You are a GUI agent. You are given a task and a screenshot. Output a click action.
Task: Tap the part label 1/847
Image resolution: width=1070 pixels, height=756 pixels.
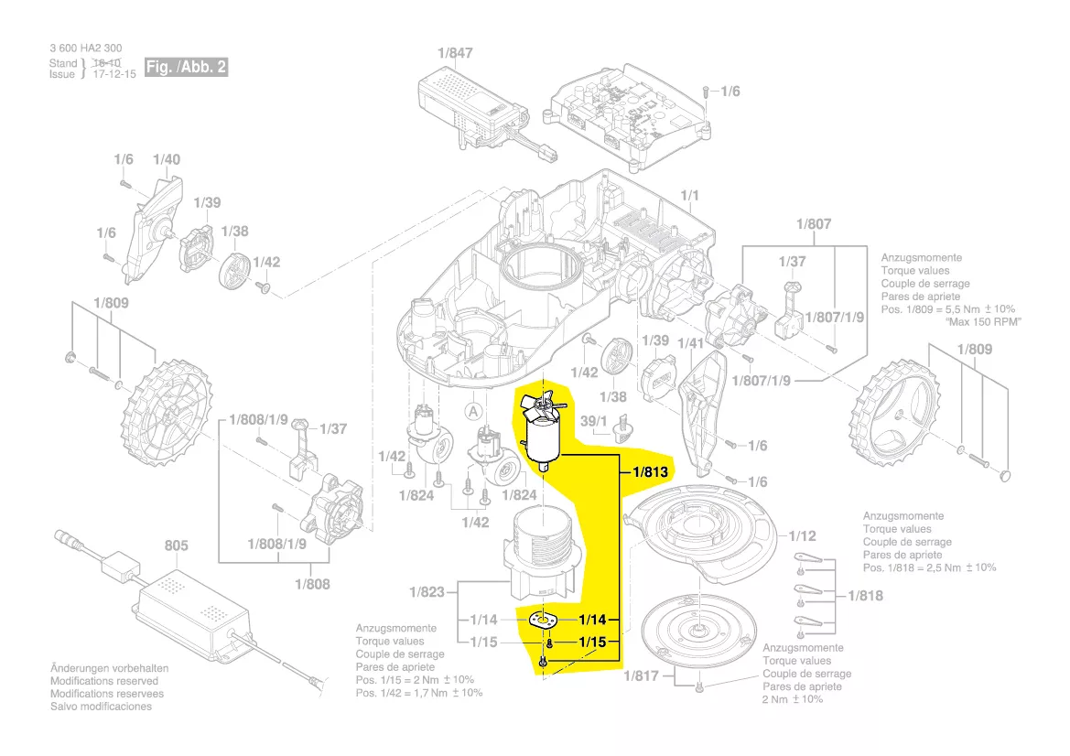[x=455, y=53]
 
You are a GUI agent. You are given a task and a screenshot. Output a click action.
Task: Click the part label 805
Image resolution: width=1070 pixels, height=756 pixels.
[x=176, y=545]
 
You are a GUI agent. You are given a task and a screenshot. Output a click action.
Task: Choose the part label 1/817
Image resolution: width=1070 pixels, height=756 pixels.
[x=641, y=676]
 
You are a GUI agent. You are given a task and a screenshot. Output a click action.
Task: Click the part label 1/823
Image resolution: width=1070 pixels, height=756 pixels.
[x=427, y=592]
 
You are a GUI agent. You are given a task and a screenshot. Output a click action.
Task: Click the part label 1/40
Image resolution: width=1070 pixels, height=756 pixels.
[x=167, y=159]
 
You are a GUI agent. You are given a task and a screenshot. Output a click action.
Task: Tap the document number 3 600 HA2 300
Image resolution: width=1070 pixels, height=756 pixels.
[x=85, y=49]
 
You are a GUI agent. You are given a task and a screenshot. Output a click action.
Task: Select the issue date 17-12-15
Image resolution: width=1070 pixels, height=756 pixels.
[x=114, y=74]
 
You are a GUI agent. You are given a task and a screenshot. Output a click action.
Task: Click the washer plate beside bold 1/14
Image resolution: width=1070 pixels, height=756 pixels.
[x=541, y=620]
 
